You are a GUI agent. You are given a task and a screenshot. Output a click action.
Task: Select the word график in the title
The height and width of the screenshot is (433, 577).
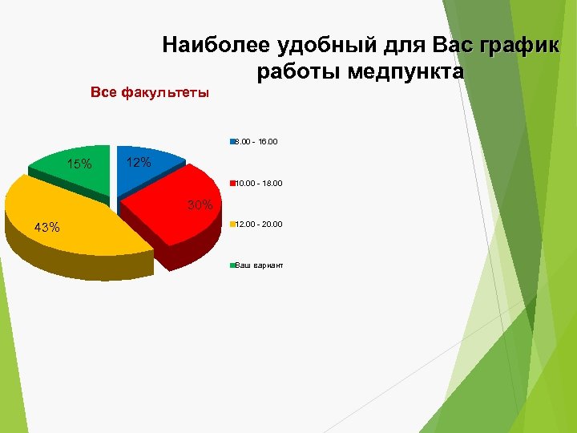pos(518,44)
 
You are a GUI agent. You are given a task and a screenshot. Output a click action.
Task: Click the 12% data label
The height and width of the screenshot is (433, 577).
pos(139,163)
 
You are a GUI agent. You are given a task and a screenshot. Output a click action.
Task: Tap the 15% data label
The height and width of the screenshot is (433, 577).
pos(79,165)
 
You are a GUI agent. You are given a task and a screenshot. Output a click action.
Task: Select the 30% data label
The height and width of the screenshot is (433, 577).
pos(200,205)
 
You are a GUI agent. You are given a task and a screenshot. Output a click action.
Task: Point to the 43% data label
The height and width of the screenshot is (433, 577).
pos(46,227)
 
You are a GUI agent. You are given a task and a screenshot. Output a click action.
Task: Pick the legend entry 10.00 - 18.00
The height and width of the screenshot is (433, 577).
pos(258,183)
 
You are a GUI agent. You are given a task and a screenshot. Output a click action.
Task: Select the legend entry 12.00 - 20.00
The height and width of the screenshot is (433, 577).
pos(258,224)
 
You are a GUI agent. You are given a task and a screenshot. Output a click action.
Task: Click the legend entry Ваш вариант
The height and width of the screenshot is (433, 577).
pos(259,265)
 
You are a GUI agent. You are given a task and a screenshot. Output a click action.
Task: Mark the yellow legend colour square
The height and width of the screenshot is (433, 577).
pos(232,224)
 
